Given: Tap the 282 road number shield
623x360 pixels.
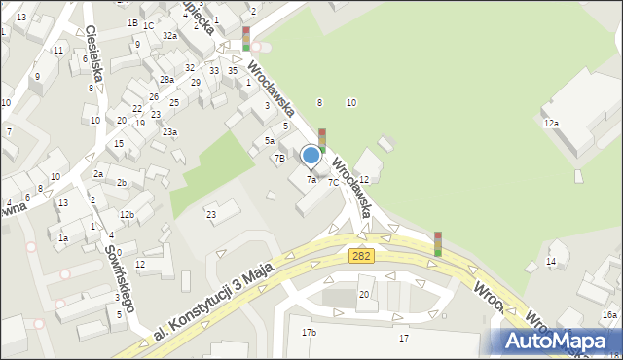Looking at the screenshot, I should (x=360, y=254).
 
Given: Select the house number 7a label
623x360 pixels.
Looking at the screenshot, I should (x=311, y=180).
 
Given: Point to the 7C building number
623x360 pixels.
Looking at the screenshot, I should (x=333, y=182).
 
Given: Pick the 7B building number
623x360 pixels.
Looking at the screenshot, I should (x=279, y=158).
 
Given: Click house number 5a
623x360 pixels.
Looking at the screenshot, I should (x=270, y=141).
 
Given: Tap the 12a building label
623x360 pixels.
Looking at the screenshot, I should (x=551, y=123).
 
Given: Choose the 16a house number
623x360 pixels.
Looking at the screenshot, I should (x=609, y=314).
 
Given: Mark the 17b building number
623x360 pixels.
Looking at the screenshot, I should (x=309, y=333).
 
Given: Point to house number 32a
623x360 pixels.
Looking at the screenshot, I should (x=169, y=35).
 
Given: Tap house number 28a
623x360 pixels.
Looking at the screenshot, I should (x=166, y=79).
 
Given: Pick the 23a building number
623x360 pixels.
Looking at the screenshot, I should (x=169, y=131).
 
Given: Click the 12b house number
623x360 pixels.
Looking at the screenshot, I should (x=127, y=214).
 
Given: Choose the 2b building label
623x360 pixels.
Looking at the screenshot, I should (x=122, y=182).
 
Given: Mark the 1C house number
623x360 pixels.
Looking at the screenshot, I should (x=148, y=25).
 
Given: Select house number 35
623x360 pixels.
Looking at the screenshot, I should (x=233, y=70).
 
